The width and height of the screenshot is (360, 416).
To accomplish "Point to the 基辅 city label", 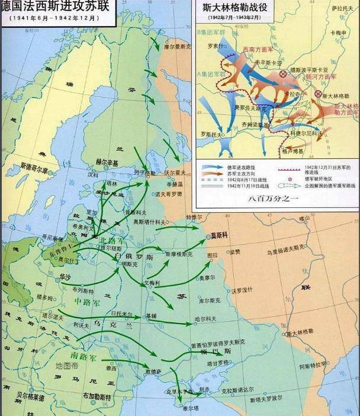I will click(x=152, y=316).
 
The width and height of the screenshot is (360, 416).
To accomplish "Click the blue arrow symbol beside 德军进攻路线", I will click(x=210, y=169).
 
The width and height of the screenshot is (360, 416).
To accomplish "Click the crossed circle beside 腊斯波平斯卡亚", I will click(x=284, y=73).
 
